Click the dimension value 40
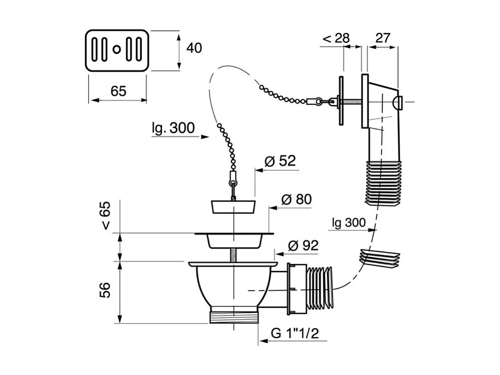coord(194,48)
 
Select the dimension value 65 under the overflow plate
coord(118,90)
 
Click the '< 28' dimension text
coord(336,38)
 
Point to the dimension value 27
coord(382,38)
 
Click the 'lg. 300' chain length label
coord(174,128)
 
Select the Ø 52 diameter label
coord(280,161)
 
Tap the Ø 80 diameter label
coord(296,199)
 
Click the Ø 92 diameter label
coord(303,246)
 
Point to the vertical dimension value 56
coord(106,290)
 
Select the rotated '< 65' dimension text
coord(106,216)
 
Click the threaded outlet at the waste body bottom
coord(233,317)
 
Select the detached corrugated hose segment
coord(379,258)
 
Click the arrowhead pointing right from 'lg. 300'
coord(205,137)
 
